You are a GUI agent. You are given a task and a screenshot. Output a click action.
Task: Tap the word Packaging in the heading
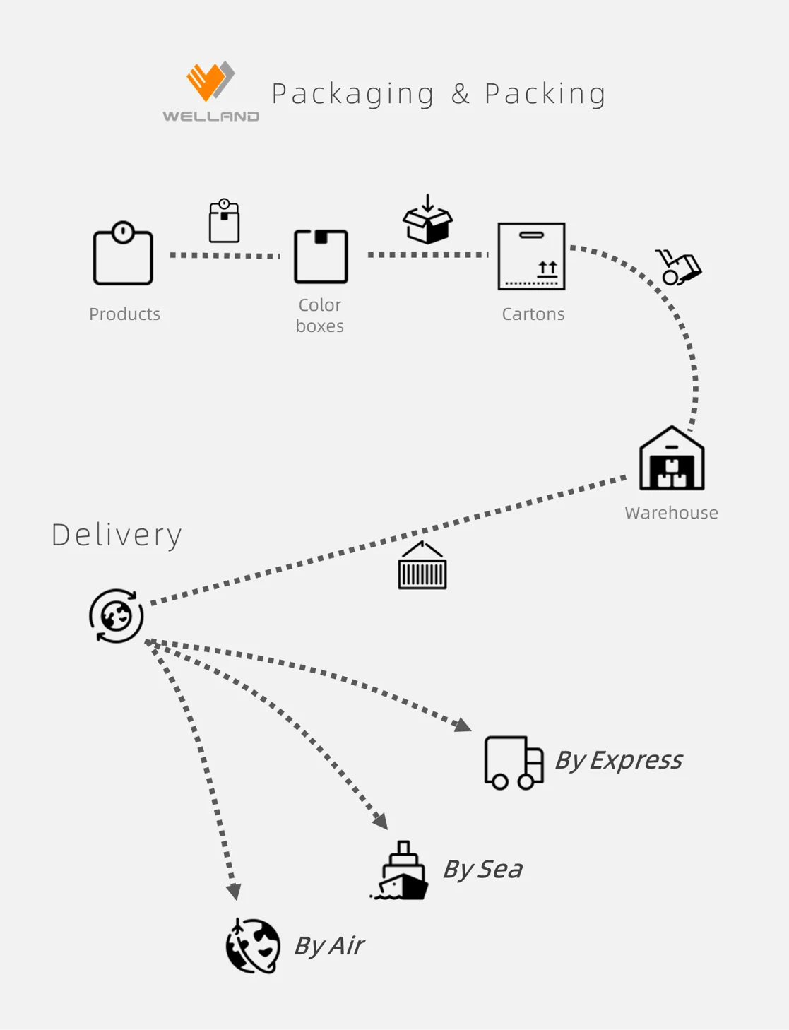(x=353, y=94)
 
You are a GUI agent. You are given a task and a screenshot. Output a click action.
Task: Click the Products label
(x=124, y=314)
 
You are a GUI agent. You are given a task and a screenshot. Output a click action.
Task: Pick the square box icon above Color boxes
(x=321, y=256)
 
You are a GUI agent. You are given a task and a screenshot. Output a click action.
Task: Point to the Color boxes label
(x=320, y=315)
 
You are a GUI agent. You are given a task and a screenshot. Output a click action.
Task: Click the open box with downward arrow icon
(x=427, y=220)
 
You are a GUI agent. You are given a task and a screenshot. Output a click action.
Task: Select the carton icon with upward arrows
(x=531, y=256)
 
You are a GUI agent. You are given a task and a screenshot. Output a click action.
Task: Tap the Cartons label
(x=533, y=314)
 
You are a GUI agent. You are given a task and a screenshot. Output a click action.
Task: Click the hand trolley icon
(x=678, y=266)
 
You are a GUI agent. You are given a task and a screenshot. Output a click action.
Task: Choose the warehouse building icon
(x=671, y=459)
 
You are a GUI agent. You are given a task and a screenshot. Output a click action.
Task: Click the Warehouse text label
(x=671, y=512)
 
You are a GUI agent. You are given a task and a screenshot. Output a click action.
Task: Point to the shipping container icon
(x=422, y=566)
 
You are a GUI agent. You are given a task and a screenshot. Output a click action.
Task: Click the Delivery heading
(x=117, y=535)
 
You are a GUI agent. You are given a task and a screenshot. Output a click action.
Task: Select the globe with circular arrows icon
(x=117, y=616)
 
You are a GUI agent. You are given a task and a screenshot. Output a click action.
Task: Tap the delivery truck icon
(x=514, y=762)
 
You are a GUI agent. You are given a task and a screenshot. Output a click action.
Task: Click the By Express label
(x=618, y=760)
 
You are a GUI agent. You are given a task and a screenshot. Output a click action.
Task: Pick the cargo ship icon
(x=401, y=870)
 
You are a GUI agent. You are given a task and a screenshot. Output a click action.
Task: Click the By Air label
(x=328, y=945)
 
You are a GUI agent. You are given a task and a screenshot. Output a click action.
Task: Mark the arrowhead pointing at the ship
(x=381, y=821)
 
